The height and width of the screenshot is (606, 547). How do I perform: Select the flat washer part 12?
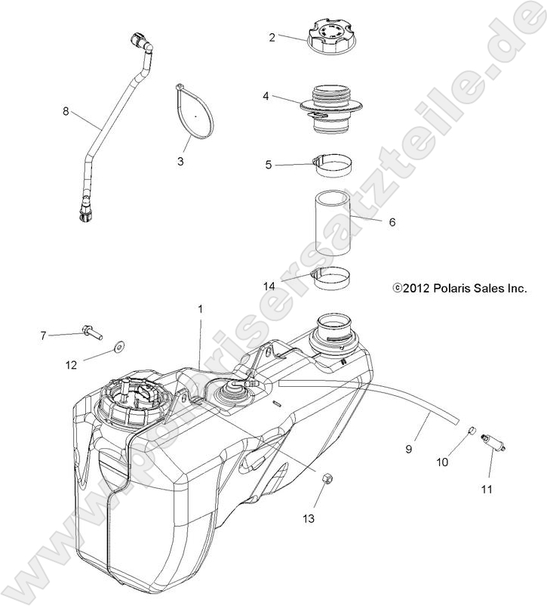coord(118,348)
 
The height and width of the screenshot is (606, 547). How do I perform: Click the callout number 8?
coord(66,111)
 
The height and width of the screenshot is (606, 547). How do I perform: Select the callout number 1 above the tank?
coord(201,309)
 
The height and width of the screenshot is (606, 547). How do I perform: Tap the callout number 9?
coord(408,448)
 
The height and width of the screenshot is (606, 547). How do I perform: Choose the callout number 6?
coord(392,222)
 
